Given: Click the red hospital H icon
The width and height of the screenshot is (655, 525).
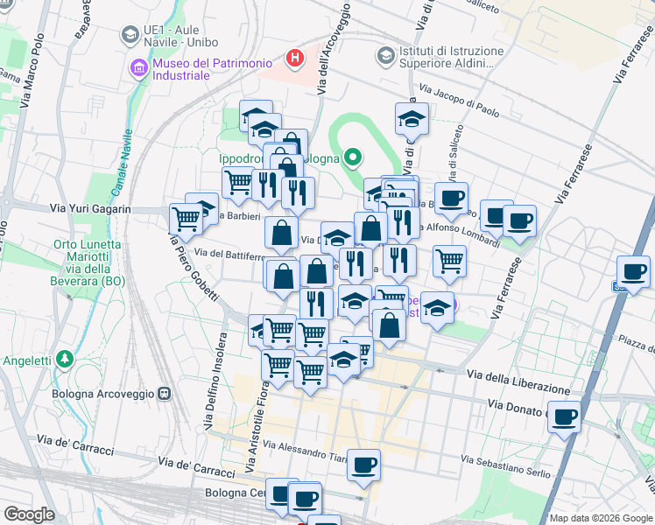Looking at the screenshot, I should pyautogui.click(x=295, y=59).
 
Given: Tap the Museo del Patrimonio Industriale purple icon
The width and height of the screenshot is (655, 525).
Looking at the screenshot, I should pyautogui.click(x=138, y=67).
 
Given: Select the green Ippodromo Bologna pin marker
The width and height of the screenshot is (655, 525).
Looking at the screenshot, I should pyautogui.click(x=353, y=158).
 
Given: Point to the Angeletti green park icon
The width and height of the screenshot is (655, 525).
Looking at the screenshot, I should pyautogui.click(x=64, y=359).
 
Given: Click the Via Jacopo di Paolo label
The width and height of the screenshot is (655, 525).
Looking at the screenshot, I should pyautogui.click(x=458, y=101).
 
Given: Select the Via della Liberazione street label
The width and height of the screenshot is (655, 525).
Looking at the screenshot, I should pyautogui.click(x=518, y=381).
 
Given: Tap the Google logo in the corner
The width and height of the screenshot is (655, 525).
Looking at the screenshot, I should pyautogui.click(x=29, y=514).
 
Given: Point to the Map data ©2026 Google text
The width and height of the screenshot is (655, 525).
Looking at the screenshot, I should pyautogui.click(x=600, y=518).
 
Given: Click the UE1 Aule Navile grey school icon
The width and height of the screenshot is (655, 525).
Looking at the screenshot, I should pyautogui.click(x=130, y=35).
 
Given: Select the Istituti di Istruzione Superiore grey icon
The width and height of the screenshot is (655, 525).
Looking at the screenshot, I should pyautogui.click(x=385, y=55).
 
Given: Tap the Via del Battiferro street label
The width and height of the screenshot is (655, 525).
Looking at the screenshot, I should pyautogui.click(x=229, y=254).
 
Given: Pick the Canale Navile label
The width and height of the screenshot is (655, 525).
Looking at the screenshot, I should pyautogui.click(x=122, y=162).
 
